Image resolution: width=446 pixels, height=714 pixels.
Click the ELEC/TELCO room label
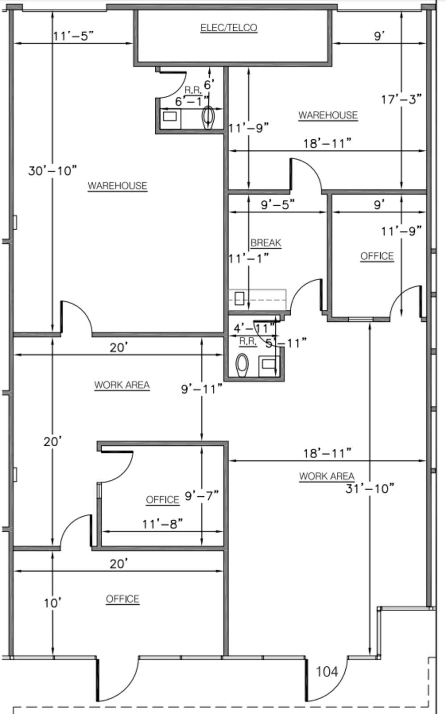pos(229,28)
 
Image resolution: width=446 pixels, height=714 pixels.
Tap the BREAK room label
pos(266,243)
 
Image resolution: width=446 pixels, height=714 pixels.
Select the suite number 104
pos(327,672)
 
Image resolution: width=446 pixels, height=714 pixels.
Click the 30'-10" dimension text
pos(52,170)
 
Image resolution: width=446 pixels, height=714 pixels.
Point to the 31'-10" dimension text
pos(370,488)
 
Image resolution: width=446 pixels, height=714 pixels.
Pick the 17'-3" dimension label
pos(401,100)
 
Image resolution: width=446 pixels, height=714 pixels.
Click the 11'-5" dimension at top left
pos(73,36)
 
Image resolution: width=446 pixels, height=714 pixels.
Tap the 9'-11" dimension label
pos(201,389)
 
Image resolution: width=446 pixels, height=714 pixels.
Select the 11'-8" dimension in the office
pos(162,524)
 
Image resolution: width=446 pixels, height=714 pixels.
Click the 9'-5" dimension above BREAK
pos(278,205)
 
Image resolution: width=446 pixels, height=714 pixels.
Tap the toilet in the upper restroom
pos(208,118)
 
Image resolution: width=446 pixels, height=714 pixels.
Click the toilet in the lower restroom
pos(242,365)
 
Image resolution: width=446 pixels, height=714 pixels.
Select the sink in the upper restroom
pos(170,116)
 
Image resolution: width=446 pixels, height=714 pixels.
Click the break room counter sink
pos(239,299)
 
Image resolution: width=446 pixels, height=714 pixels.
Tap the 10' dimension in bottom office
pos(52,603)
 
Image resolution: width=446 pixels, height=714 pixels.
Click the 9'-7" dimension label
pos(201,496)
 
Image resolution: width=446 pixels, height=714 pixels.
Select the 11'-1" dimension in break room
pos(249,258)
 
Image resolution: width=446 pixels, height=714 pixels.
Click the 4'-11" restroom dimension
pos(254,328)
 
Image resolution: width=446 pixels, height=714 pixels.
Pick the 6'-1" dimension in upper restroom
pos(192,101)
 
